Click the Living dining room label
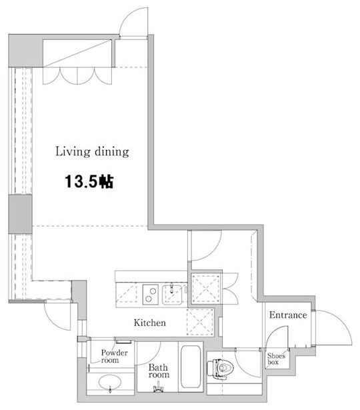92,151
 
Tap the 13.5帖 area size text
89,181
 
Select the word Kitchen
150,323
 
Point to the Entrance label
288,315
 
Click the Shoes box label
276,359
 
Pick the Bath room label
159,371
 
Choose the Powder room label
114,357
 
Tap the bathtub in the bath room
191,367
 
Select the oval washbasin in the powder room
110,382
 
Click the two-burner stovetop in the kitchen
150,295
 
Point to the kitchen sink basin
172,295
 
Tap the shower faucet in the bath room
158,387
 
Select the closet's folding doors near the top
77,76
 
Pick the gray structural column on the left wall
21,214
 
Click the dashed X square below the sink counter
200,322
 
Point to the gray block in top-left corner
25,50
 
